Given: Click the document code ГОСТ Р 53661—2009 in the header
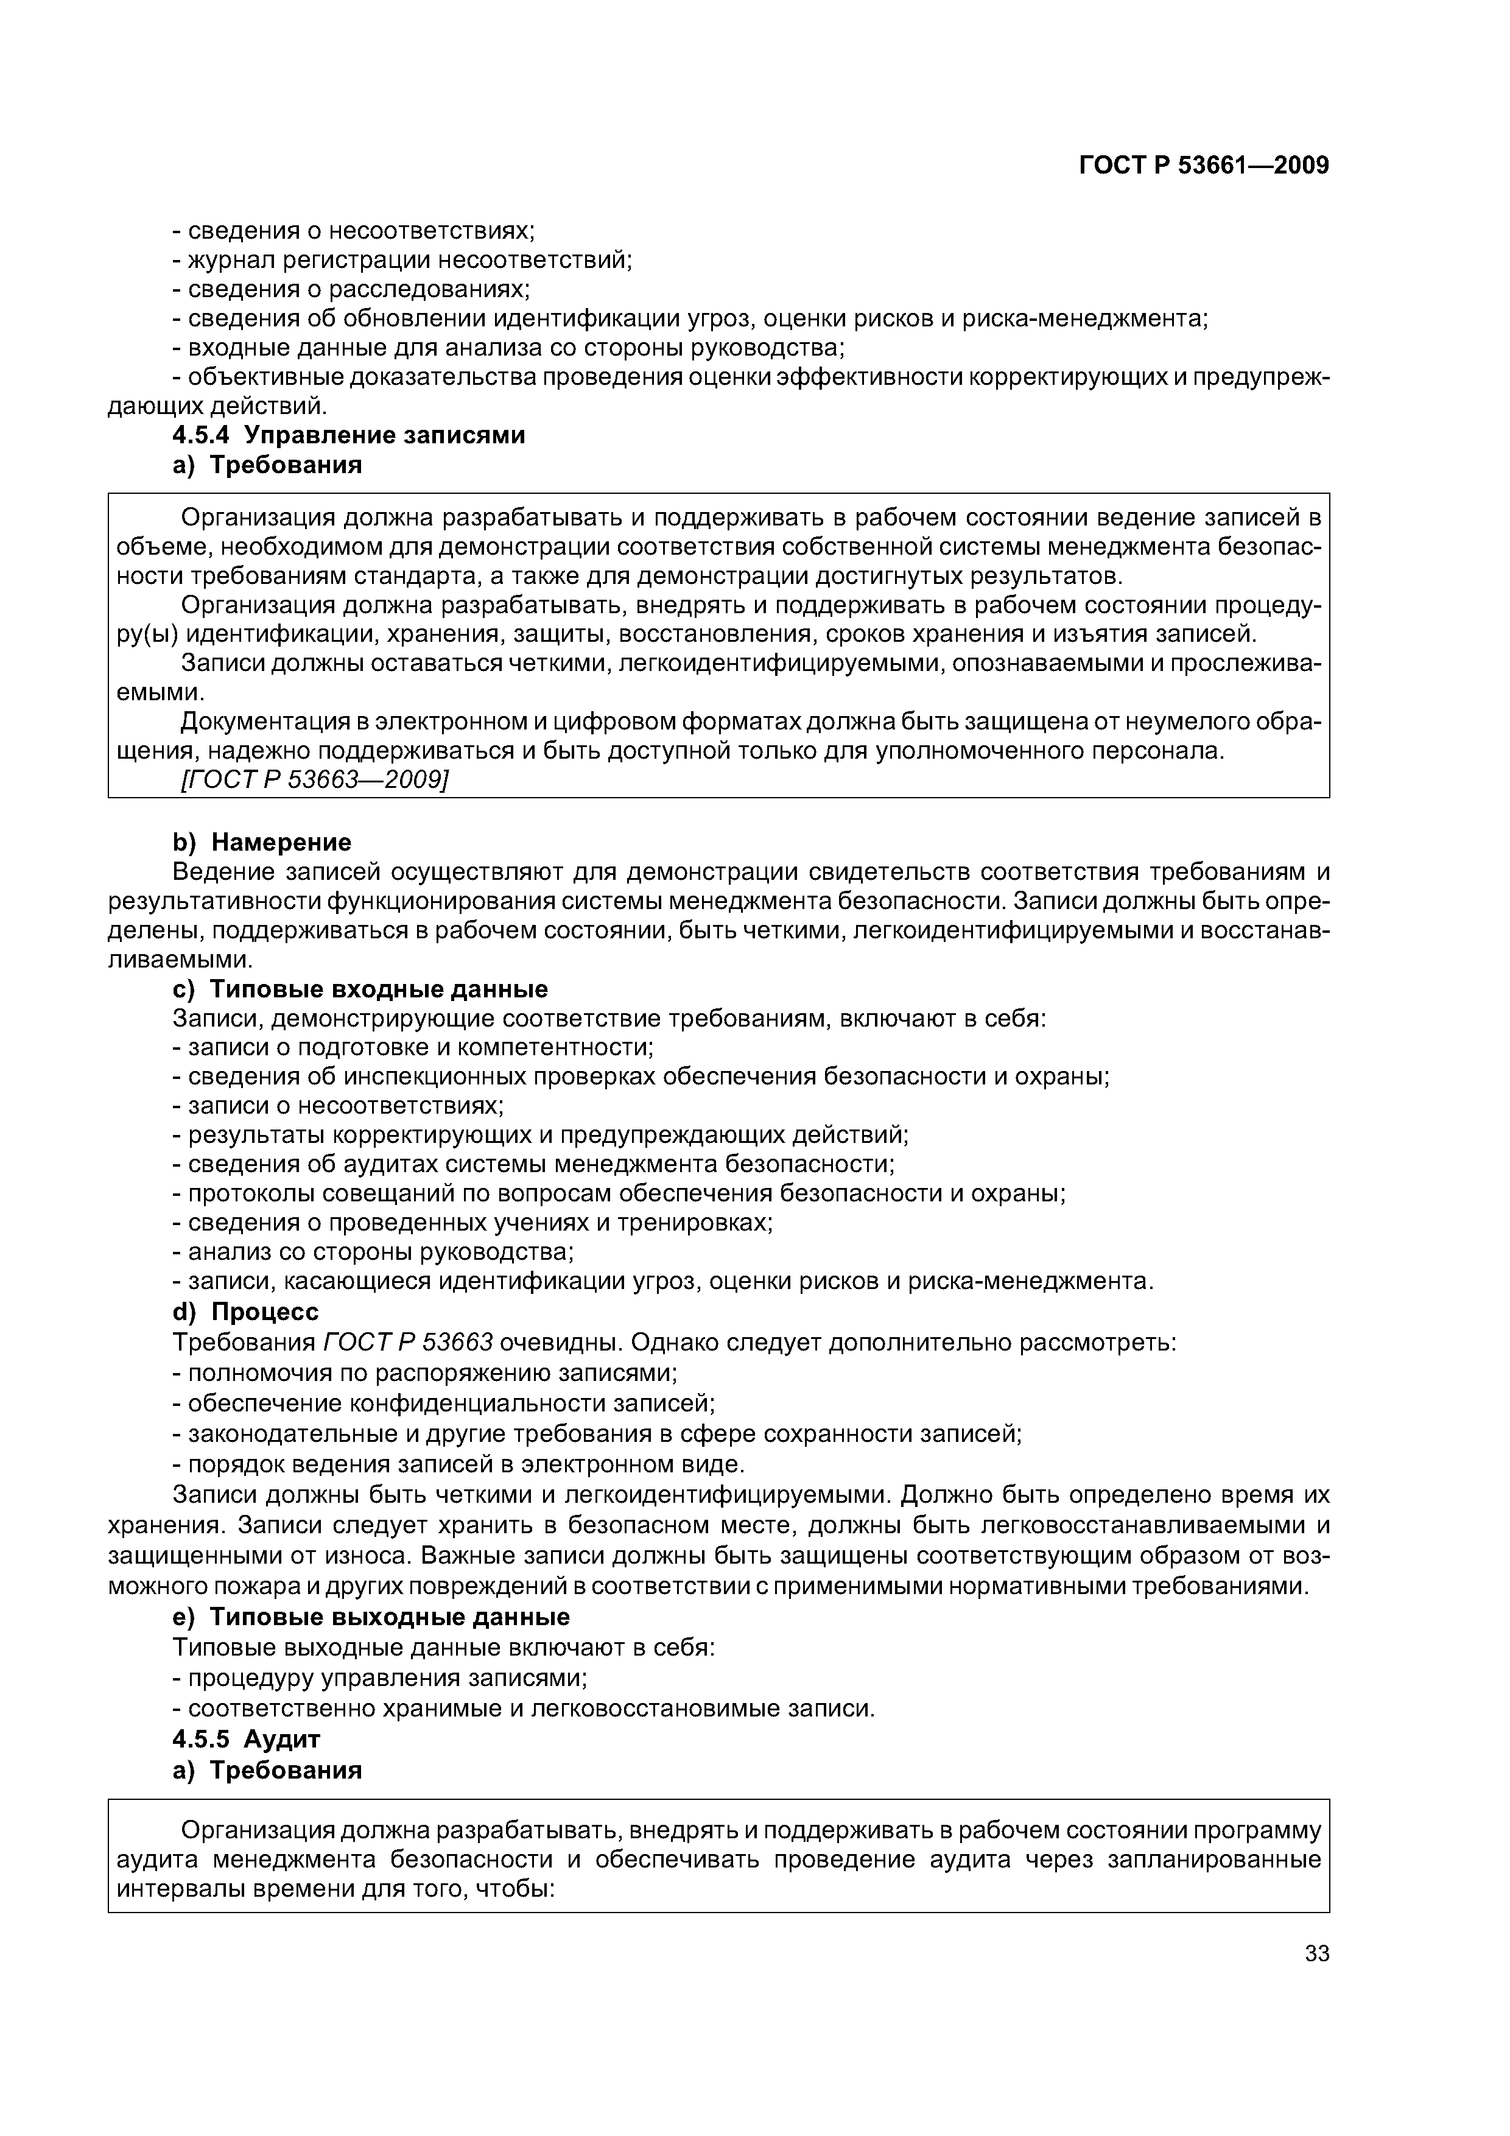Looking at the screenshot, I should click(1203, 166).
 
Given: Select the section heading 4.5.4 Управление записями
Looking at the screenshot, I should click(349, 435).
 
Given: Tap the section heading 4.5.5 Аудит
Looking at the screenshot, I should click(247, 1739).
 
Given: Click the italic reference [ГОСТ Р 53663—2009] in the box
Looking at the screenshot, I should click(314, 779).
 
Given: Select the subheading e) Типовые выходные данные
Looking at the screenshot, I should click(371, 1616).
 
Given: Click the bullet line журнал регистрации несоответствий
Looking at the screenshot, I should click(402, 259).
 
